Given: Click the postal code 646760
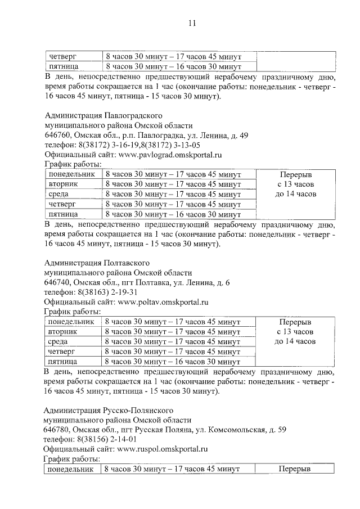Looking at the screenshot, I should click(57, 136).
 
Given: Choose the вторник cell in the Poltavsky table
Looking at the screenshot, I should click(62, 331).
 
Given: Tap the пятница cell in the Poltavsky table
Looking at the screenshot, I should click(62, 361).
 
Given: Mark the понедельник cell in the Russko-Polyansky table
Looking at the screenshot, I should click(70, 469).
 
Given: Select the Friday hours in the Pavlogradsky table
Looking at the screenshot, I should click(173, 214).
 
